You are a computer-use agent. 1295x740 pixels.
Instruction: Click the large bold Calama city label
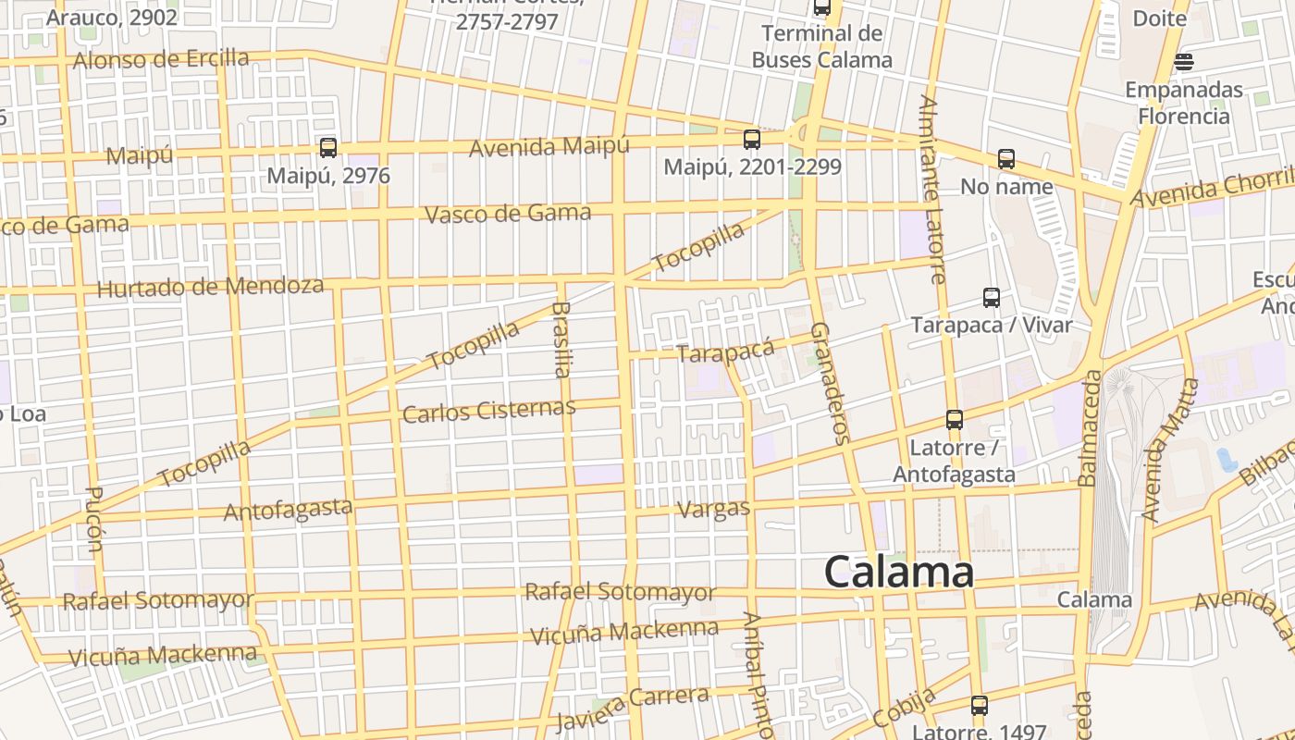[x=898, y=573]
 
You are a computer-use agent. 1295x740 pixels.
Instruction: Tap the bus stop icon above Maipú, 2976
[x=327, y=147]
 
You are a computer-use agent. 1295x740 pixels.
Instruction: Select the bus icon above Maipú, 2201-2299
[x=752, y=140]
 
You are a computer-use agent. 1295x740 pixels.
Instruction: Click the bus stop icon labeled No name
[x=1006, y=159]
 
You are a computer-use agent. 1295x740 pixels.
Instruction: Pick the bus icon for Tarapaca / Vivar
[x=992, y=298]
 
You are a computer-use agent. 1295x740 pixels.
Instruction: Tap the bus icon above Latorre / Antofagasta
[x=955, y=420]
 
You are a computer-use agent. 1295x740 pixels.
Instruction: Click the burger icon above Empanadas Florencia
[x=1184, y=62]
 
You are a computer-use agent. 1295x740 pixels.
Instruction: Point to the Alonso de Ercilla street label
[x=161, y=60]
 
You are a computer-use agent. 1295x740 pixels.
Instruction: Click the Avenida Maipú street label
[x=549, y=147]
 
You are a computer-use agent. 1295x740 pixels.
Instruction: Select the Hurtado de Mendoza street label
[x=210, y=287]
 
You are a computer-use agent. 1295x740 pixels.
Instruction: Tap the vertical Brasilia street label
[x=561, y=339]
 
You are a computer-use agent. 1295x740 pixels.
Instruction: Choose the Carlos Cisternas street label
[x=489, y=410]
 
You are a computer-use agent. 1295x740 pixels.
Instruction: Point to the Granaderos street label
[x=829, y=383]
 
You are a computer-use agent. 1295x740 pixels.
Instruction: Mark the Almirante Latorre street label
[x=932, y=189]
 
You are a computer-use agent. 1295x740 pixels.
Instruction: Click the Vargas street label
[x=714, y=509]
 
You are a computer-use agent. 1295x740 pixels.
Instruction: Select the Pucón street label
[x=93, y=519]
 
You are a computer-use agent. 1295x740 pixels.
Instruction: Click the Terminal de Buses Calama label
[x=821, y=47]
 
